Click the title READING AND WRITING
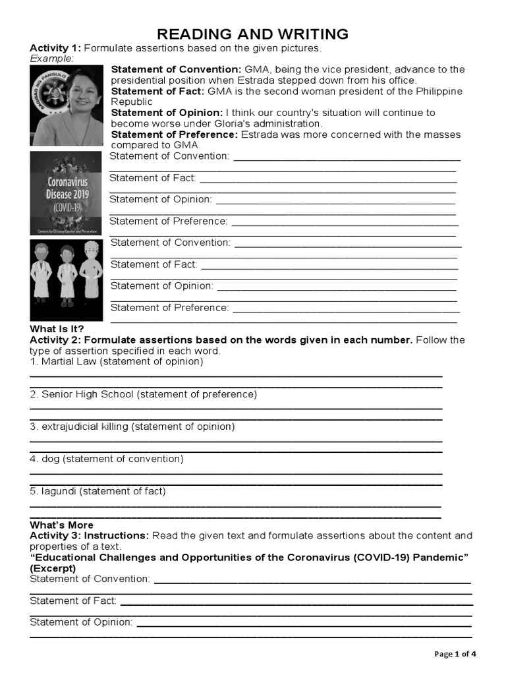tap(252, 34)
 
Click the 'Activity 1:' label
tap(55, 49)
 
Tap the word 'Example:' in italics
tap(52, 59)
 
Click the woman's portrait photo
tap(67, 105)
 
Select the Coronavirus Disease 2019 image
tap(67, 193)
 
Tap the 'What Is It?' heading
tap(57, 329)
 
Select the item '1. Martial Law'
tap(64, 361)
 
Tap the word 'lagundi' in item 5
tap(59, 491)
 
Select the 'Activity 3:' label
tap(55, 535)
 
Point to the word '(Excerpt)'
tap(53, 568)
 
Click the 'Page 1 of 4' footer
tap(455, 654)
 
